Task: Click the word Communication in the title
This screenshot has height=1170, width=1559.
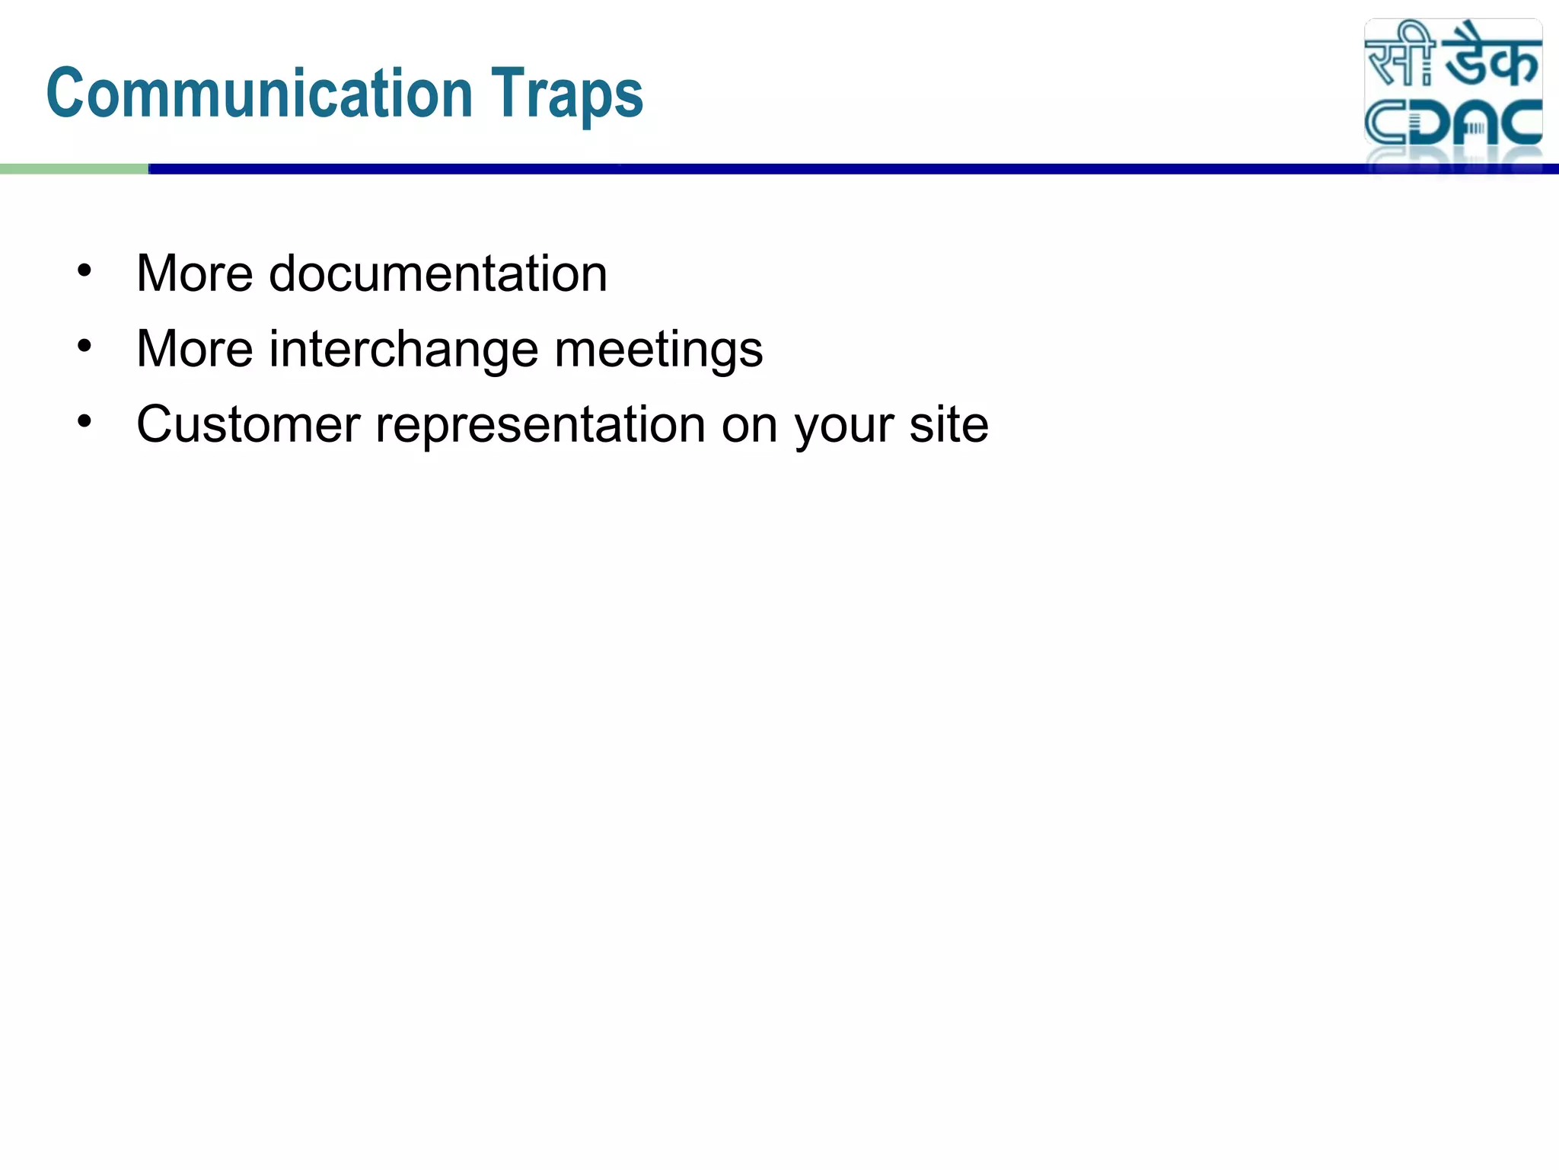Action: pyautogui.click(x=260, y=94)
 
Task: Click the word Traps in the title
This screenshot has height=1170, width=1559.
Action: pyautogui.click(x=566, y=94)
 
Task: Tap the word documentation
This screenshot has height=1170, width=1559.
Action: pyautogui.click(x=438, y=273)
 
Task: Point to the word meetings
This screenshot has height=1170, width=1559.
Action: pyautogui.click(x=658, y=350)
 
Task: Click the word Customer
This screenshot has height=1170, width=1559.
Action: pyautogui.click(x=247, y=424)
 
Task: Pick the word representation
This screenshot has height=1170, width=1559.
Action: pyautogui.click(x=540, y=424)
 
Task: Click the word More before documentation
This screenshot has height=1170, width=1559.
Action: pyautogui.click(x=194, y=273)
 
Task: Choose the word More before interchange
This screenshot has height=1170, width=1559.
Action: pyautogui.click(x=194, y=349)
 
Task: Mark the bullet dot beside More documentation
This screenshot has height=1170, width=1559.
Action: pyautogui.click(x=84, y=270)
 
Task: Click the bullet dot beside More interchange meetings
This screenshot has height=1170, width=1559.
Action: pyautogui.click(x=84, y=346)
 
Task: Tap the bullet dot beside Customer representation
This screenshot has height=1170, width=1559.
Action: pyautogui.click(x=84, y=421)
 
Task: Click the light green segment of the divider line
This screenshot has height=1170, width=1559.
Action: pyautogui.click(x=74, y=169)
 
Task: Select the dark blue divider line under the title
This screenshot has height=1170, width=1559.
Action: pyautogui.click(x=761, y=169)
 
